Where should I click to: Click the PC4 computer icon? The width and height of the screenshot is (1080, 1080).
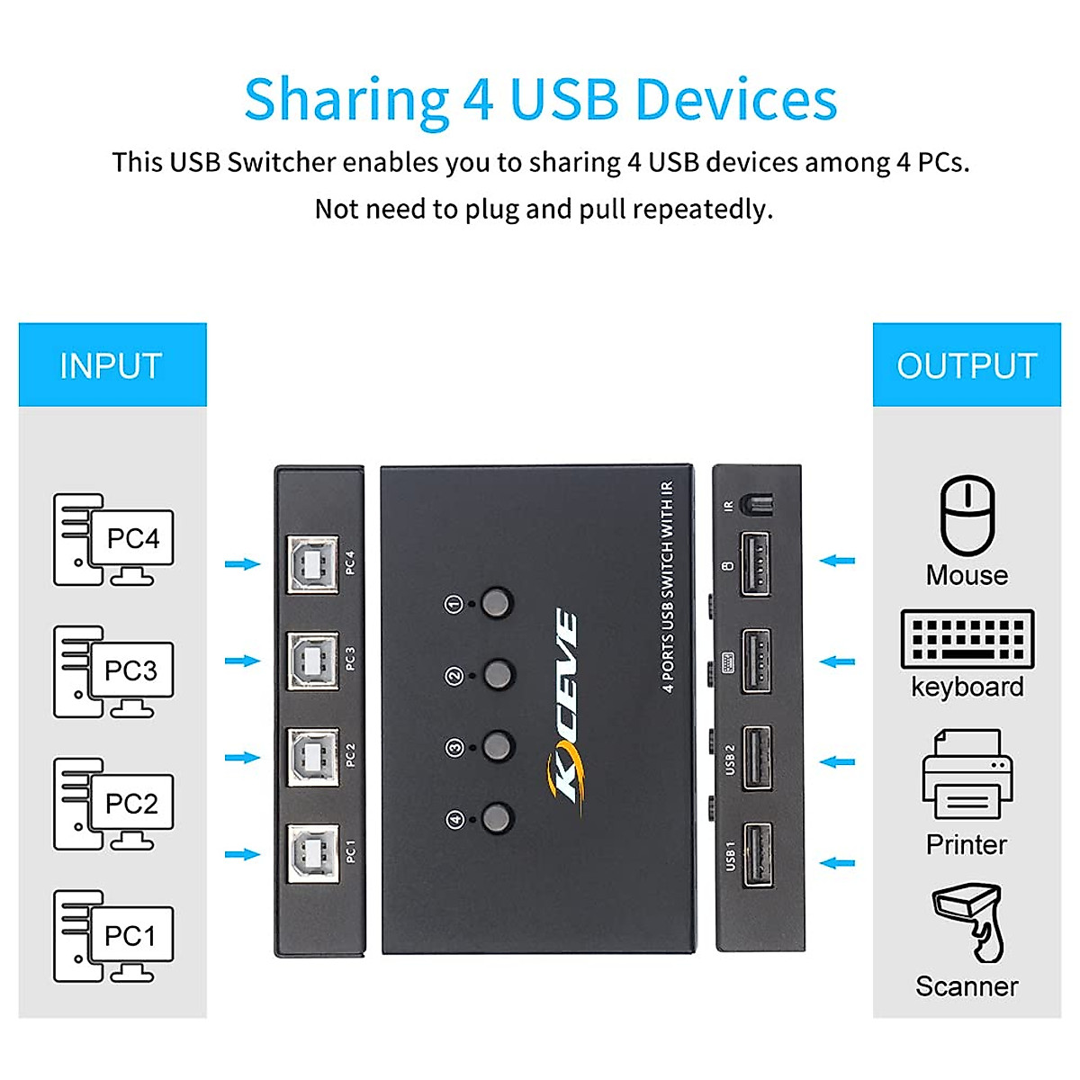pos(113,540)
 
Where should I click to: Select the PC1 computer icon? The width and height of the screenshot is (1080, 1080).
pos(113,937)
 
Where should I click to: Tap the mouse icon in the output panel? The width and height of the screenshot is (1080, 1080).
pos(967,516)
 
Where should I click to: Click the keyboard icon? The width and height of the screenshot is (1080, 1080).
pos(967,639)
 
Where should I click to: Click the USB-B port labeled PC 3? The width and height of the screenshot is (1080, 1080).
pos(313,661)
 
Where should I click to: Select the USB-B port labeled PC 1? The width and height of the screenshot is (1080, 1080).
pos(313,853)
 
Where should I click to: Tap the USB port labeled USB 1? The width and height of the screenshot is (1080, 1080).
pos(756,854)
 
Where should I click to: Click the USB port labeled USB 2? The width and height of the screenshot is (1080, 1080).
pos(756,758)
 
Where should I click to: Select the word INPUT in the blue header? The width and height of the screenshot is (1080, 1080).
pos(111,366)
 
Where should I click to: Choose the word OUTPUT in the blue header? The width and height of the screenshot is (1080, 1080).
pos(967,366)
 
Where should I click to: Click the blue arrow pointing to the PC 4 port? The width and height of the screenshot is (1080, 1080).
pos(242,564)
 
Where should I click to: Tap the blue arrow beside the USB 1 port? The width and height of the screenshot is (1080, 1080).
pos(837,863)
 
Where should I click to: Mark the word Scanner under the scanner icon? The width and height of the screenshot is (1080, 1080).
pos(967,986)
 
